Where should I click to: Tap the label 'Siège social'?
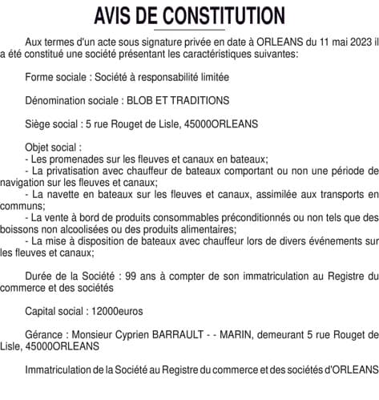53,123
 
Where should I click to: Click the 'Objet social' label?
53,147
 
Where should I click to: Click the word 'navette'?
66,194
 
